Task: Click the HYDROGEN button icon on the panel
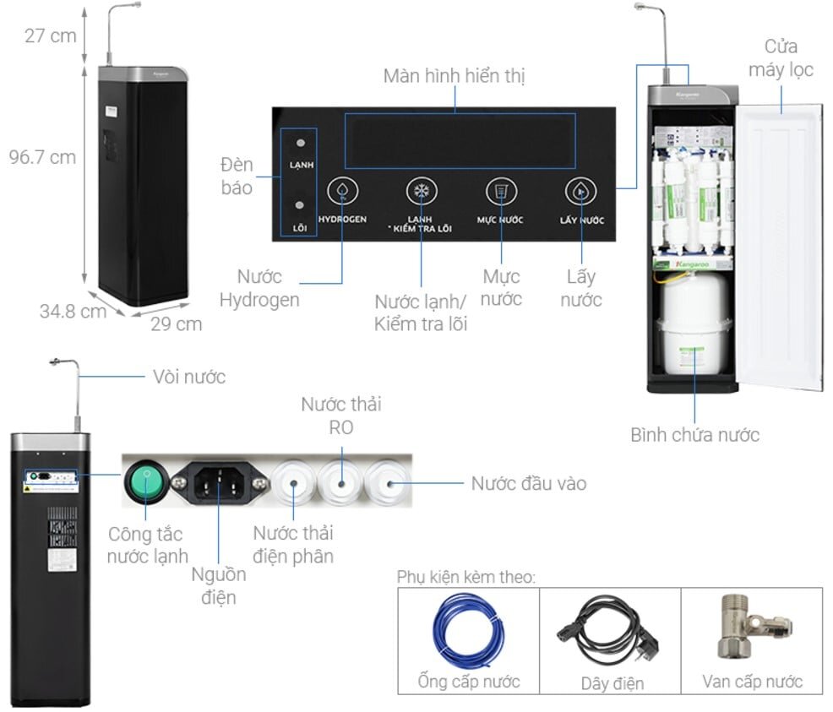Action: coord(341,192)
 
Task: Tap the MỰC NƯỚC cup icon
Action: coord(501,192)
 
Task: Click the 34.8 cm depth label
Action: coord(73,311)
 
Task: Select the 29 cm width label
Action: coord(177,323)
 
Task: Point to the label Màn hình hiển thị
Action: coord(454,76)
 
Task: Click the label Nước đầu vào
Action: coord(528,484)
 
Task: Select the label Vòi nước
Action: coord(188,377)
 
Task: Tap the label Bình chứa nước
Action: coord(694,435)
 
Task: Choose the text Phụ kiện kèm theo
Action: coord(466,577)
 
